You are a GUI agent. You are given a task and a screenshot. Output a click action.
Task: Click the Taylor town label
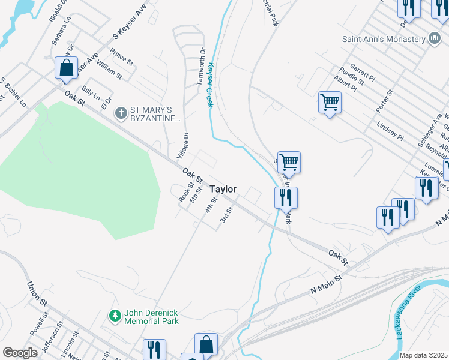coord(223,189)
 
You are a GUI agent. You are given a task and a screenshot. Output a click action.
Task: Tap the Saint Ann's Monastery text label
coord(383,39)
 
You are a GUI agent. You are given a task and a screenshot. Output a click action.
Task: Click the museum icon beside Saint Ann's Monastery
coord(435,39)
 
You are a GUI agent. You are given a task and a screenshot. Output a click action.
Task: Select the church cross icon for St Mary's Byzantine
coord(121,112)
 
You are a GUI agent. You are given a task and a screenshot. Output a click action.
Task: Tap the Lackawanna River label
coord(408,314)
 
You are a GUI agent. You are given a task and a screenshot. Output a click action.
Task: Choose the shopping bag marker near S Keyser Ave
coord(67,67)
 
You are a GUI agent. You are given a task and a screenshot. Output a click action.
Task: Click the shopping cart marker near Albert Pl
coord(330,102)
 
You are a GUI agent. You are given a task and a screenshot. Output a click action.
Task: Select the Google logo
coord(20,353)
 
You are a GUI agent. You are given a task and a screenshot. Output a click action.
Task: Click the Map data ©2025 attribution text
coord(423,355)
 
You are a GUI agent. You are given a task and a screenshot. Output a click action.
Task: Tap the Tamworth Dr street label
coord(201,65)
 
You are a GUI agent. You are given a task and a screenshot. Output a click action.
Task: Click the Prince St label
coord(121,57)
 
